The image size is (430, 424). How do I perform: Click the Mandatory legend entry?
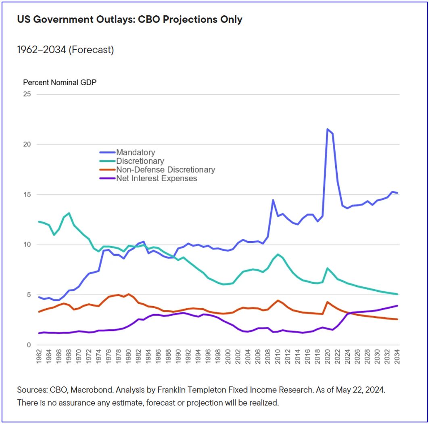click(135, 152)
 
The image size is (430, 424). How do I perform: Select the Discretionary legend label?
click(140, 161)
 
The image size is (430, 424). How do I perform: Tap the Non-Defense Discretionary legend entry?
click(165, 170)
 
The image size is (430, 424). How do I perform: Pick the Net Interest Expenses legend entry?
click(157, 178)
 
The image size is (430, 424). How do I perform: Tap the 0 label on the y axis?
click(29, 345)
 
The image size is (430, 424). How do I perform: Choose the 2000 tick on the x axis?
click(228, 357)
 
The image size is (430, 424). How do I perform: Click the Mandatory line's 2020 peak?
click(328, 129)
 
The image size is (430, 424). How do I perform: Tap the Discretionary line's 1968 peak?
click(69, 213)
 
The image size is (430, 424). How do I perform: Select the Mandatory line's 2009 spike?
click(273, 200)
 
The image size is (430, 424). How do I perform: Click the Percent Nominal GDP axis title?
click(60, 82)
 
